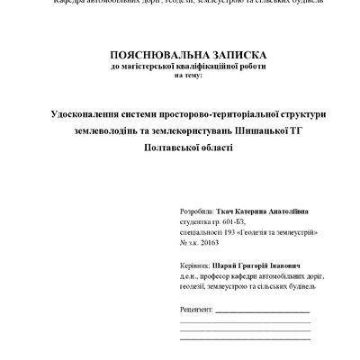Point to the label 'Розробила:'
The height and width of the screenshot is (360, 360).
coord(197,206)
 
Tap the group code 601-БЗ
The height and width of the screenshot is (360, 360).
coord(234,219)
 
